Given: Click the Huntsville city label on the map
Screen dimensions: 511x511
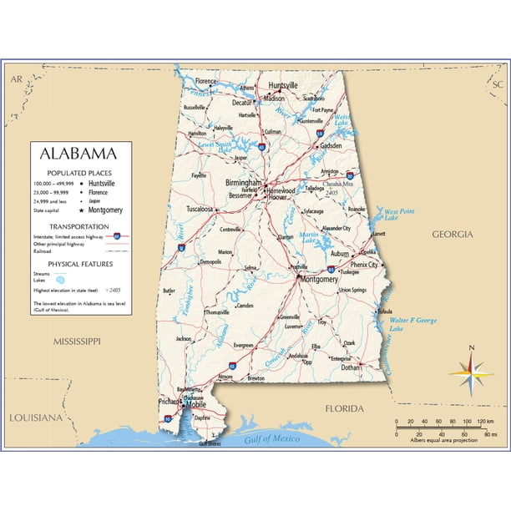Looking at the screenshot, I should (x=283, y=86).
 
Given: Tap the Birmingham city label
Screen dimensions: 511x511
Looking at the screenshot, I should (x=243, y=182).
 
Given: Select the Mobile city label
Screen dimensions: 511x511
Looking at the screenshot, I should (x=195, y=404).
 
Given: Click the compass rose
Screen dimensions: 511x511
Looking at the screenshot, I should (x=471, y=372).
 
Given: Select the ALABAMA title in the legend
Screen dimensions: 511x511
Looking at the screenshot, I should (x=80, y=154).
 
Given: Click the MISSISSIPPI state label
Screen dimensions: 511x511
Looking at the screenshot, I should (x=76, y=342).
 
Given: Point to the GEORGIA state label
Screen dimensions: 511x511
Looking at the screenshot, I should (x=452, y=235).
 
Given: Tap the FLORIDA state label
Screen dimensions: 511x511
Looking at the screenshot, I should (x=344, y=408).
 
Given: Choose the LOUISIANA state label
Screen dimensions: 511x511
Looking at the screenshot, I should (x=35, y=417).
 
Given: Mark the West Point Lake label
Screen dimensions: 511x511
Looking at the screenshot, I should (x=398, y=215).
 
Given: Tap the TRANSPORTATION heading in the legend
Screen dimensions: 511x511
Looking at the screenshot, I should (x=78, y=226).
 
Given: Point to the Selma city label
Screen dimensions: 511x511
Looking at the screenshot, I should (x=250, y=268).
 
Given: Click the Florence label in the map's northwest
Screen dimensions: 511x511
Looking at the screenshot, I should (x=205, y=81).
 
